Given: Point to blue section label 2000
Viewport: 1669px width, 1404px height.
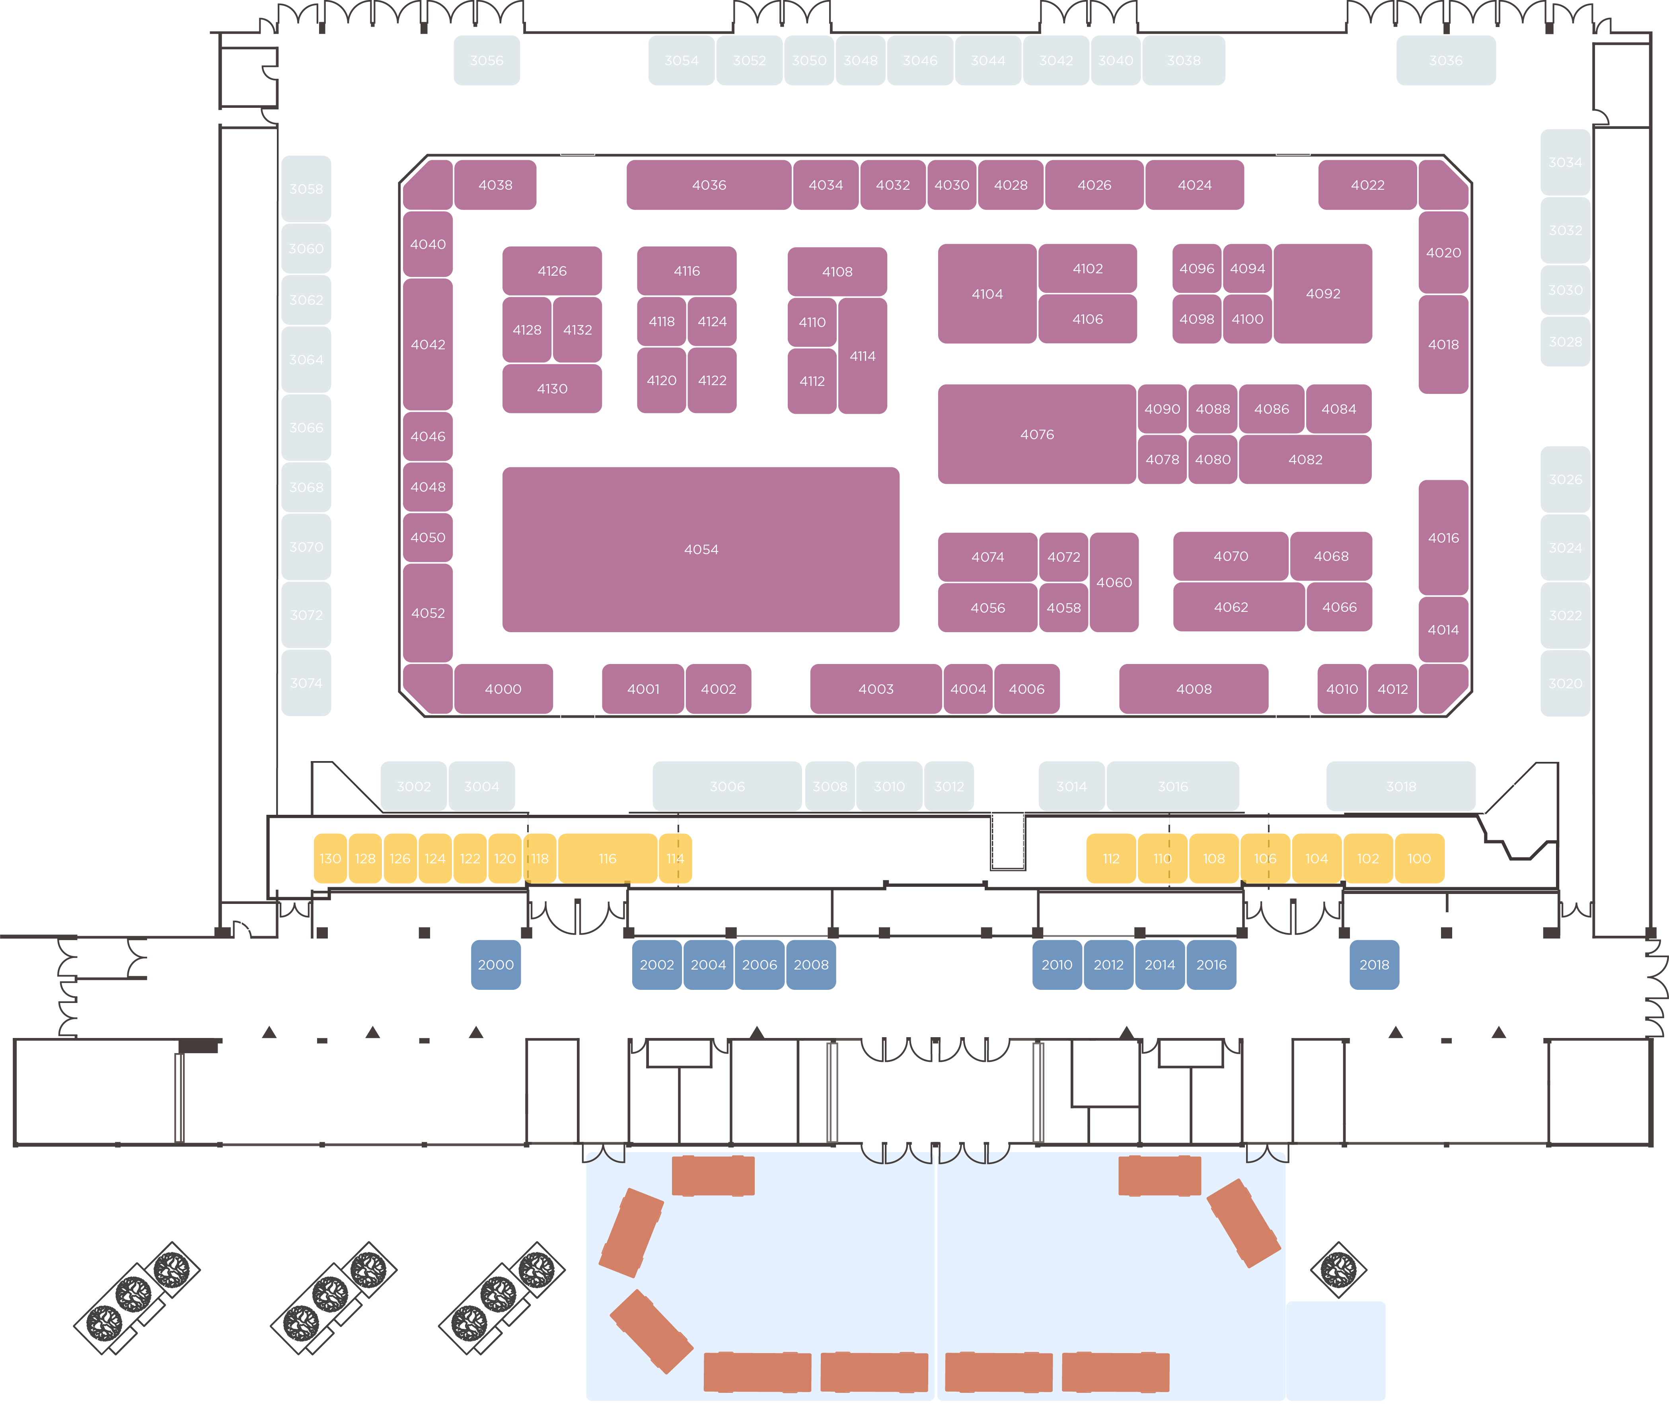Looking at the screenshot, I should (x=496, y=965).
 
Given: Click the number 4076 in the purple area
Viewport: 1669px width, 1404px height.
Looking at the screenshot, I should (x=1037, y=434).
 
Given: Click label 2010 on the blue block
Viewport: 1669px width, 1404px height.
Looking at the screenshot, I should (x=1057, y=965).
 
